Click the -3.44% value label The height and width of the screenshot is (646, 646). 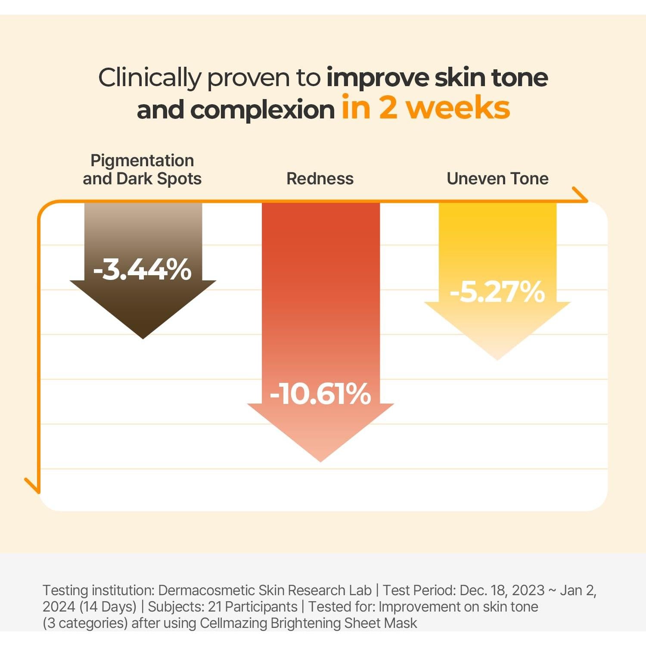click(x=142, y=270)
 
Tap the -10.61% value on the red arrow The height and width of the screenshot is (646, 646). click(x=320, y=394)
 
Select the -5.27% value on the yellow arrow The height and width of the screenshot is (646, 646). click(x=497, y=292)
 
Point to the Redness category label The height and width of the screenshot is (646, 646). click(x=320, y=178)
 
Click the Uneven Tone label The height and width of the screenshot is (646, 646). click(x=497, y=178)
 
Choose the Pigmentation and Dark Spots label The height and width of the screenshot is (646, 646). click(x=142, y=169)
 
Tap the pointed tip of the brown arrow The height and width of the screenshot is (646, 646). click(x=143, y=337)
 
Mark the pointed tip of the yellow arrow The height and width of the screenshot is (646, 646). click(x=497, y=358)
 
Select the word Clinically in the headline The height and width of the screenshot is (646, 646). click(x=149, y=78)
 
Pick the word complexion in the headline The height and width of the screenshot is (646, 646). click(x=262, y=109)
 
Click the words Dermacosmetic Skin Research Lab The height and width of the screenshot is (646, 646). click(x=265, y=590)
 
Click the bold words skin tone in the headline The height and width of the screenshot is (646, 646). click(x=491, y=78)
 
